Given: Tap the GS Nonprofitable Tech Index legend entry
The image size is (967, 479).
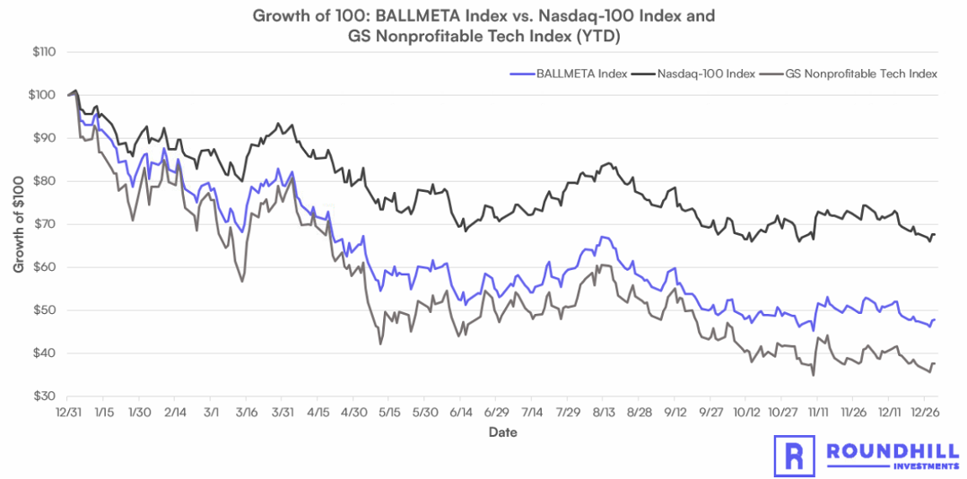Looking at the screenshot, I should tap(861, 74).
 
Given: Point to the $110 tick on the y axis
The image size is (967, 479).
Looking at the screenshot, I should tap(43, 52).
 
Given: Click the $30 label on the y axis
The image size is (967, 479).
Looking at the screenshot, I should tap(45, 396).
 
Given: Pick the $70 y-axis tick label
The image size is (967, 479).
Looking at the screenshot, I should tap(45, 224).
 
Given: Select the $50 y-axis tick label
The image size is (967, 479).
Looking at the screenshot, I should tap(45, 310).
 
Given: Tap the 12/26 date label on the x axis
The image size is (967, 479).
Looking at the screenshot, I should tap(924, 412).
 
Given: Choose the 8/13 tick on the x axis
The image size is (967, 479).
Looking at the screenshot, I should tap(602, 412).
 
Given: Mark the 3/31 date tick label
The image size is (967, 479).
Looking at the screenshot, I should tap(282, 412).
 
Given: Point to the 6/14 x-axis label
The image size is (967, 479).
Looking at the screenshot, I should tap(459, 412).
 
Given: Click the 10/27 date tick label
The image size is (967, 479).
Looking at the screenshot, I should tap(780, 412).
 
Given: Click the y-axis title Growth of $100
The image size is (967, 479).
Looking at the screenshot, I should tap(19, 224).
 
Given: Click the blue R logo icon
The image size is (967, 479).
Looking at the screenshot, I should tap(794, 456).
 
